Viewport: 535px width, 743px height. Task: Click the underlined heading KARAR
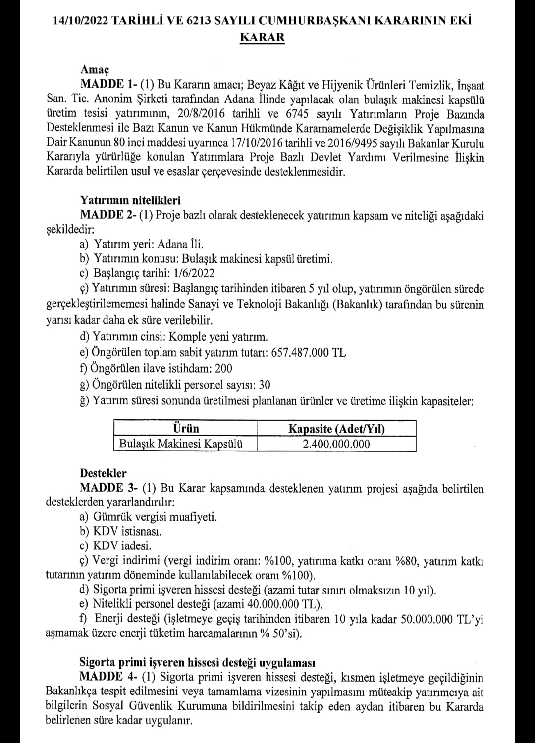coord(262,38)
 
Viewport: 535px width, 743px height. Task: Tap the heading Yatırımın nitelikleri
coord(130,200)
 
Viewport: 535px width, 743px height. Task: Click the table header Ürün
coord(185,428)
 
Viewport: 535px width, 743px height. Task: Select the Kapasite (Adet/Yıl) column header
coord(336,429)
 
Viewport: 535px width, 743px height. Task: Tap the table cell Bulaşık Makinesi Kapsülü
coord(181,444)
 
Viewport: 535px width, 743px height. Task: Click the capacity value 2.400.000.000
coord(336,444)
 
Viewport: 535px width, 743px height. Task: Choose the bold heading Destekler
coord(103,473)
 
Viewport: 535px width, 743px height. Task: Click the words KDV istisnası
coord(127,532)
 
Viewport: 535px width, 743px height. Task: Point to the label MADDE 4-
coord(109,678)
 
